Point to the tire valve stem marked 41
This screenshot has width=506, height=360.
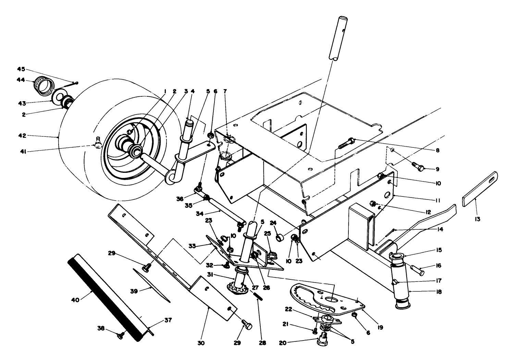tap(98, 142)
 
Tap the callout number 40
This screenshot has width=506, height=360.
tap(75, 300)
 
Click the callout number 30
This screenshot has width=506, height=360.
tap(201, 343)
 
